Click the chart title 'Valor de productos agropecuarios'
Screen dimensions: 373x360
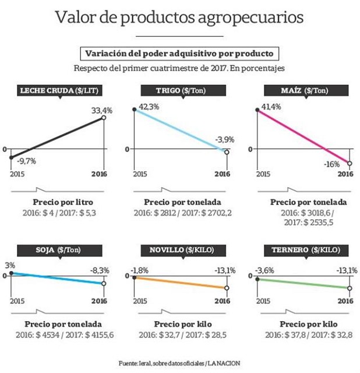(179, 17)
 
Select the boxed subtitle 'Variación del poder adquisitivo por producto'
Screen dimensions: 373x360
(179, 54)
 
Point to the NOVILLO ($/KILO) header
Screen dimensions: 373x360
(181, 250)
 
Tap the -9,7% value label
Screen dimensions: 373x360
(26, 161)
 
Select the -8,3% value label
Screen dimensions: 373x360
(101, 270)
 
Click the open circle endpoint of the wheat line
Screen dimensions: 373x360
(227, 152)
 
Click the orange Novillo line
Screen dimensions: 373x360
(181, 283)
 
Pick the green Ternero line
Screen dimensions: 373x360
(303, 283)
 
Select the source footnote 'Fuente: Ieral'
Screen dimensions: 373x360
(179, 363)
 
